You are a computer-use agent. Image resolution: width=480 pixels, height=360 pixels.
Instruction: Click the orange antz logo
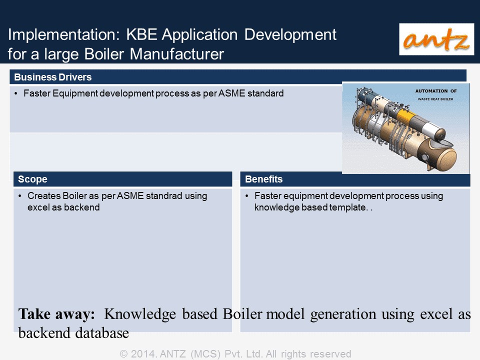pyautogui.click(x=436, y=39)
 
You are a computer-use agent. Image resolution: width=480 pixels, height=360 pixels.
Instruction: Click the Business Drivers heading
pyautogui.click(x=52, y=77)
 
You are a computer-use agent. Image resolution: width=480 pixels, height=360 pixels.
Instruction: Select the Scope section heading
pyautogui.click(x=32, y=179)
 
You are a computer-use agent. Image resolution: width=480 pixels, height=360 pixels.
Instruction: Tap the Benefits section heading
pyautogui.click(x=263, y=179)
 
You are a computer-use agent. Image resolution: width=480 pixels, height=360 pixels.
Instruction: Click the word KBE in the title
pyautogui.click(x=141, y=34)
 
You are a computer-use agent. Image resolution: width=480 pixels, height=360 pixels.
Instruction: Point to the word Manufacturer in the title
pyautogui.click(x=176, y=54)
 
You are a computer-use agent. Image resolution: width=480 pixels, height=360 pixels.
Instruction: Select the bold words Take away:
pyautogui.click(x=56, y=314)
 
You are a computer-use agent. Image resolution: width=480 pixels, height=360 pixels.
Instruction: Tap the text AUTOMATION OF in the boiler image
pyautogui.click(x=436, y=91)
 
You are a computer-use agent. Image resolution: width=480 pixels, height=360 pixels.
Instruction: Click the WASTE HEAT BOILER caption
pyautogui.click(x=435, y=99)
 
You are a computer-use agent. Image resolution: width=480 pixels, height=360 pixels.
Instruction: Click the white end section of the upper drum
pyautogui.click(x=432, y=130)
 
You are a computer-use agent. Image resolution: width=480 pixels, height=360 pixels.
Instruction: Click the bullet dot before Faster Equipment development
pyautogui.click(x=16, y=93)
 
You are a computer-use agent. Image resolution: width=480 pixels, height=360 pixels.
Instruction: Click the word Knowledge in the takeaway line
pyautogui.click(x=140, y=314)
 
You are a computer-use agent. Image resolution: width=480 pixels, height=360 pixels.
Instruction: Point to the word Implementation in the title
pyautogui.click(x=63, y=34)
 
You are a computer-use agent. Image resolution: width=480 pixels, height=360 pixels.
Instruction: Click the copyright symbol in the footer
pyautogui.click(x=123, y=354)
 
